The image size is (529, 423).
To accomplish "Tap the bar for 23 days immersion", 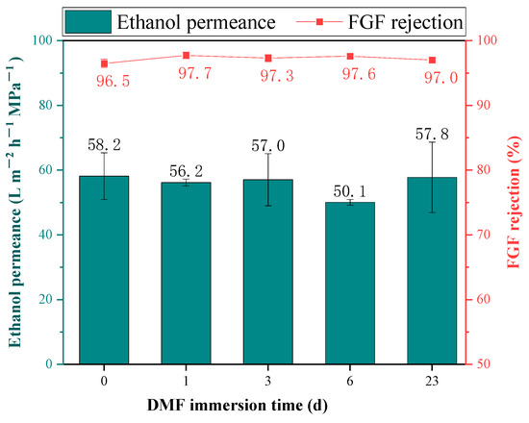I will [x=432, y=270].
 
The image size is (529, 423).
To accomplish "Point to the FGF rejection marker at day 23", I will [x=432, y=60].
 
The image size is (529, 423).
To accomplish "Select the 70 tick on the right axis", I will [x=482, y=235].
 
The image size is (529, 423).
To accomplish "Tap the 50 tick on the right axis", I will [x=482, y=364].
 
